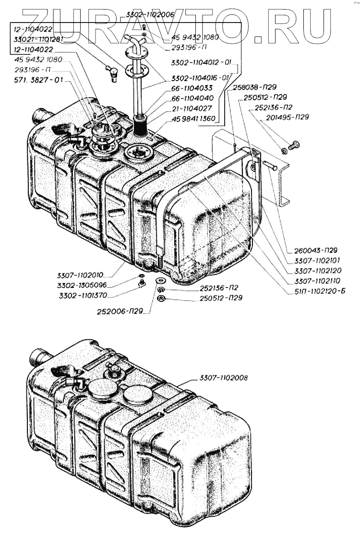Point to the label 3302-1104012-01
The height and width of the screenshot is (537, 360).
(201, 62)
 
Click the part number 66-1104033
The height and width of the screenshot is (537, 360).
(192, 89)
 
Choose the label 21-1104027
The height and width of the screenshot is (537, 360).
(192, 108)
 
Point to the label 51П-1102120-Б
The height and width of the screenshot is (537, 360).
(315, 291)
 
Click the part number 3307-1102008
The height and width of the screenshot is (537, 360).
(224, 378)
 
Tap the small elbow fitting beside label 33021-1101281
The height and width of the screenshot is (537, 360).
(113, 73)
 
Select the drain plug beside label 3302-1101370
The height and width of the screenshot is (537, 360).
(142, 284)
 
